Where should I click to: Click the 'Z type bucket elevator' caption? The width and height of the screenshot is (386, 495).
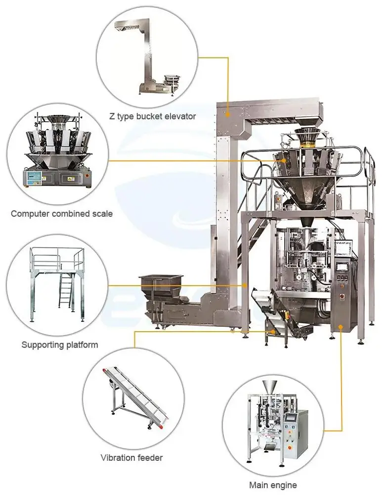pyautogui.click(x=152, y=116)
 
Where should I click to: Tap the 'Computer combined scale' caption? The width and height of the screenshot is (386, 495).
pyautogui.click(x=62, y=214)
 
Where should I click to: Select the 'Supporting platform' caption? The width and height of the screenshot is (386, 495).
pyautogui.click(x=60, y=345)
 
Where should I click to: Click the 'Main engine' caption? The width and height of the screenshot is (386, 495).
pyautogui.click(x=273, y=485)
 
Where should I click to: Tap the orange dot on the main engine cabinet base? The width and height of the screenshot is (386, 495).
pyautogui.click(x=341, y=327)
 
